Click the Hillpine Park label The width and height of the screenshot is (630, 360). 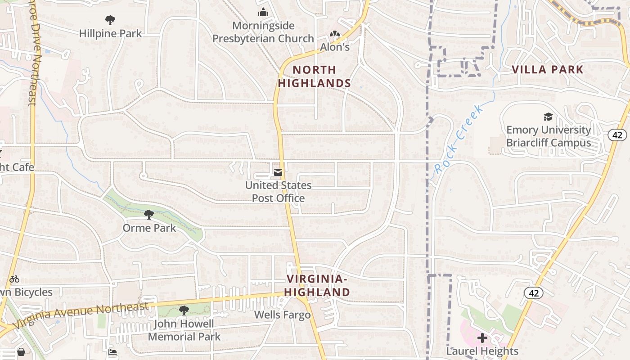coord(110,33)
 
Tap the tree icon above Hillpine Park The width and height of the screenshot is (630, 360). coord(110,20)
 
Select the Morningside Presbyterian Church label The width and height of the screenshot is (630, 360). coord(263,32)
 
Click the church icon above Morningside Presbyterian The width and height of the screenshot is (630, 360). coord(263,13)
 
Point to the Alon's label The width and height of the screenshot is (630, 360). coord(335,47)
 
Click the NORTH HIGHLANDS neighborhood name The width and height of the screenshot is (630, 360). coord(314,76)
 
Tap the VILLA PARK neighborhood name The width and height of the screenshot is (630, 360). coord(548,70)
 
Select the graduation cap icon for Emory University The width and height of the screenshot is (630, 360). coord(548,117)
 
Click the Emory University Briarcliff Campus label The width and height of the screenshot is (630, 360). coord(549,136)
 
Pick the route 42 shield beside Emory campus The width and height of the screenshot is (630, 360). coord(617,135)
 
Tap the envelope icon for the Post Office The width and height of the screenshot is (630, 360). coord(278,172)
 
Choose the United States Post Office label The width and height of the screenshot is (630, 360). coord(278,192)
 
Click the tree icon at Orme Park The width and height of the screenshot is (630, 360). coord(149,214)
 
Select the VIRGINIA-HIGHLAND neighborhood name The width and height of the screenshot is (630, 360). coord(317,286)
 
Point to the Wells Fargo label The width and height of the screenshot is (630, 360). coord(283,315)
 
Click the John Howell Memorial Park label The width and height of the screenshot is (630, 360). coord(184,330)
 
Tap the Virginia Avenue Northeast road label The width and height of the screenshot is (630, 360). coord(81,315)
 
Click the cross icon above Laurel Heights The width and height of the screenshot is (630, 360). coord(482,337)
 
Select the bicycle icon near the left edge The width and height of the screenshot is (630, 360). coord(14,279)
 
